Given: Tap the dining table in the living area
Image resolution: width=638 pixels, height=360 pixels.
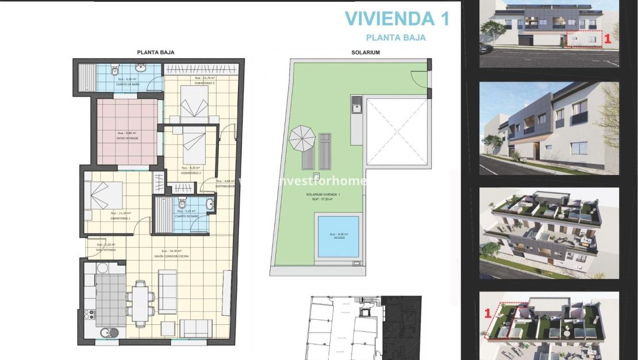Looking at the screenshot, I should (x=141, y=300).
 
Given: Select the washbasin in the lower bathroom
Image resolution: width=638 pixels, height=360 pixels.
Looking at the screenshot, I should (x=210, y=204).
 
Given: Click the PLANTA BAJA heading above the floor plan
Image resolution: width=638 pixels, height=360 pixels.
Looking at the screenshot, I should (x=155, y=52).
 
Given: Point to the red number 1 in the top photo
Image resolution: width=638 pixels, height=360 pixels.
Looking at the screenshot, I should (x=606, y=39).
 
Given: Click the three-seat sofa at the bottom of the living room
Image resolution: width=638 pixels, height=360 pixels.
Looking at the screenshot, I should (x=196, y=328).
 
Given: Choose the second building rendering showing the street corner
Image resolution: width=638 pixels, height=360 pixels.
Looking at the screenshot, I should (x=549, y=128).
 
